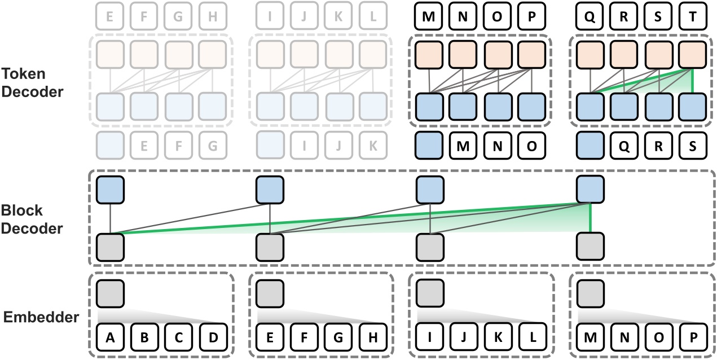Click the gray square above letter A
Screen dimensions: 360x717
click(109, 294)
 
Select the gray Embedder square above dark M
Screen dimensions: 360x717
click(590, 294)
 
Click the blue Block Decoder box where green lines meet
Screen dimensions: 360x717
click(590, 190)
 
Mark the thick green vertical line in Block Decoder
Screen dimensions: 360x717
click(590, 218)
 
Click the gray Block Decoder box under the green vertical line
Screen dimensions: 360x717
click(590, 247)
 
